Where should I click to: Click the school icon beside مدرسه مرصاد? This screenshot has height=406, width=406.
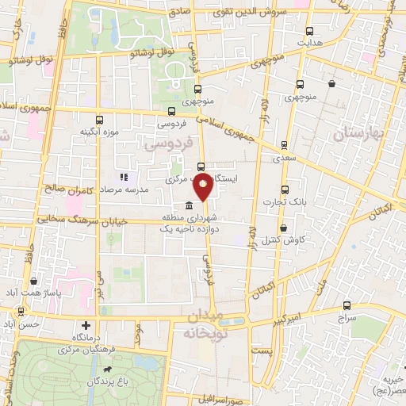124,177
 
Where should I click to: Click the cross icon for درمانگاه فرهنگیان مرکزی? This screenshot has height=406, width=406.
86,325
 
